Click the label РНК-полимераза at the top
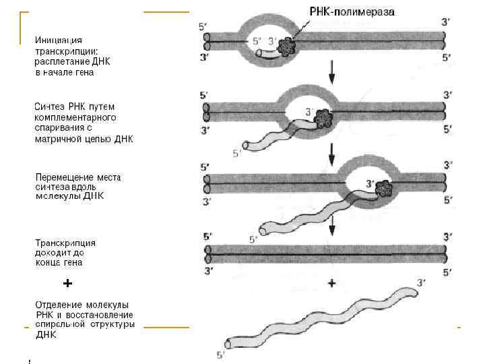tap(352, 11)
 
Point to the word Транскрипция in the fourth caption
tap(65, 242)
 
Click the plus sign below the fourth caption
tap(67, 283)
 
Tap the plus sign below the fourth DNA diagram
tap(331, 284)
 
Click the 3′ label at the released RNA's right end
tap(422, 282)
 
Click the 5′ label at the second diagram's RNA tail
tap(236, 154)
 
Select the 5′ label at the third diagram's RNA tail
tap(253, 239)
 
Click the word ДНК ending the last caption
tap(46, 334)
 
